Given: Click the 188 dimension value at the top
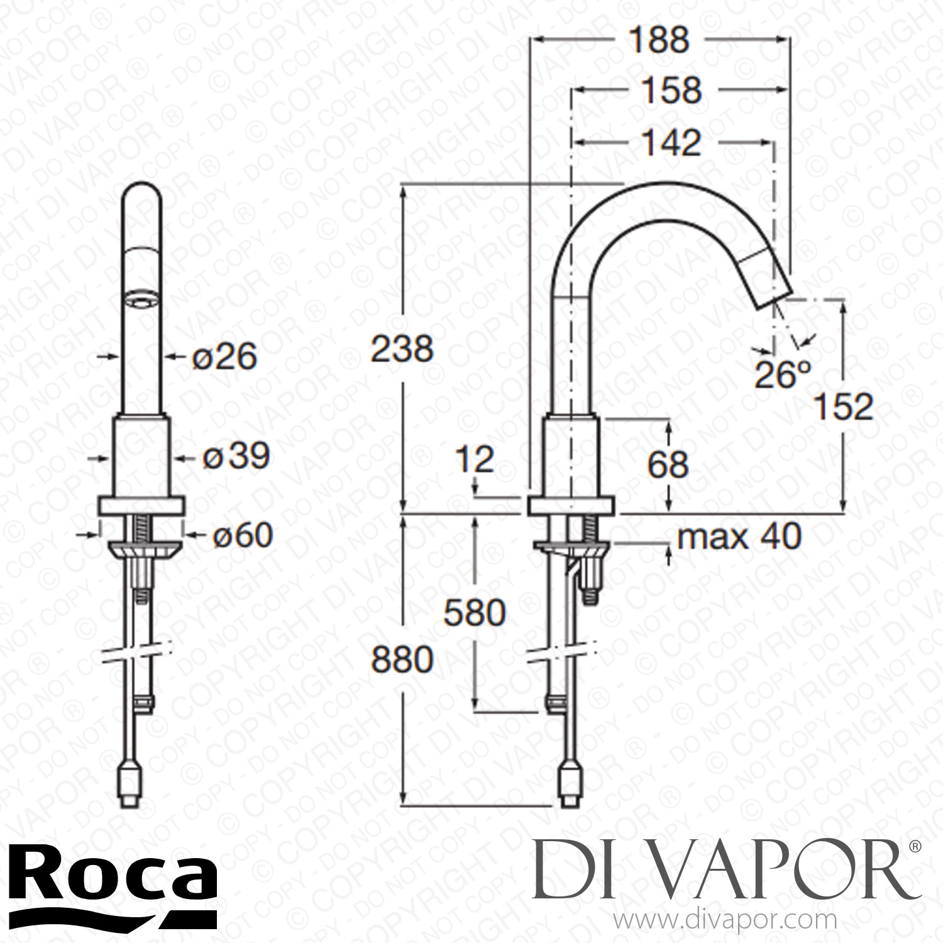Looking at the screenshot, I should click(x=659, y=40).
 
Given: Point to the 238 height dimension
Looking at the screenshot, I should click(x=402, y=348).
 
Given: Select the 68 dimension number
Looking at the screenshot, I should click(x=669, y=465).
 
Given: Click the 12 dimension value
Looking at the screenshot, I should click(x=476, y=460).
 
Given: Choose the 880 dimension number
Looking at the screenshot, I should click(x=402, y=659).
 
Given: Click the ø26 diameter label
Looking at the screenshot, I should click(x=224, y=357).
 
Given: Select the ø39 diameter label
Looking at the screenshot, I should click(x=236, y=456).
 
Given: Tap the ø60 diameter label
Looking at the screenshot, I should click(x=241, y=536).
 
